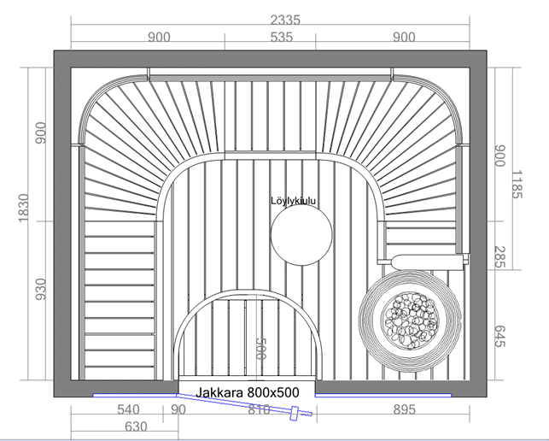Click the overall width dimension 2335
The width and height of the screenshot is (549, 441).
(285, 20)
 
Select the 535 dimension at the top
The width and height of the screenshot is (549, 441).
(282, 37)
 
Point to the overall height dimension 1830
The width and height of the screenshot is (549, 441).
(23, 208)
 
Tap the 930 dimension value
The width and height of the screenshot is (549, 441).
(41, 289)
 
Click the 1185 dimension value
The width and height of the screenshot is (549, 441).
(517, 185)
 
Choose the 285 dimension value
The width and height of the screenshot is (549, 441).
(500, 257)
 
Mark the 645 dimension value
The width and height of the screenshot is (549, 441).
(500, 336)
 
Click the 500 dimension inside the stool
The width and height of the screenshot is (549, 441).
(261, 349)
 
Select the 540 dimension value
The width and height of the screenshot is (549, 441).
(128, 409)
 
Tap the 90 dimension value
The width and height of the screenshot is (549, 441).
(178, 409)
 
